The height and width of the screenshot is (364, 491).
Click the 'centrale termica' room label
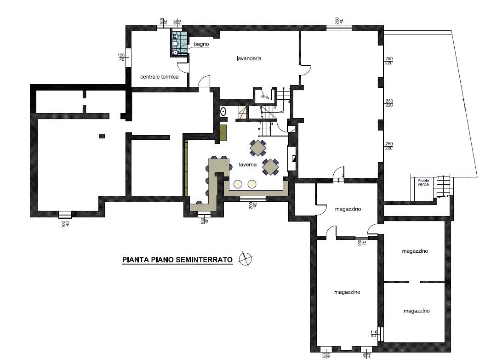click(159, 77)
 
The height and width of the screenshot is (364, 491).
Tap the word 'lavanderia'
click(249, 58)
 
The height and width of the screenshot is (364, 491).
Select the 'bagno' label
click(201, 44)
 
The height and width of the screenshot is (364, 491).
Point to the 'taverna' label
click(247, 165)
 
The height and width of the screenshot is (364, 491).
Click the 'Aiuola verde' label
click(423, 182)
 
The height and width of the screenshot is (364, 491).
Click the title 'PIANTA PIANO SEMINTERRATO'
click(177, 260)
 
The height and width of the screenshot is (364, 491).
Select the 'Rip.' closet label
click(265, 97)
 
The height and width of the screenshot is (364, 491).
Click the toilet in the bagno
click(175, 44)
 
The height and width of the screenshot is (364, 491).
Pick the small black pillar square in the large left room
click(102, 135)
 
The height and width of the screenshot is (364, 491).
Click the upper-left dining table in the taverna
click(258, 148)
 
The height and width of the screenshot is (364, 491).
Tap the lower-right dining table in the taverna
click(270, 166)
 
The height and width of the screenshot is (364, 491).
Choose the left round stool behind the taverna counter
click(238, 184)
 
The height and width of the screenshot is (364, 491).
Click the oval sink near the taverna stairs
click(223, 111)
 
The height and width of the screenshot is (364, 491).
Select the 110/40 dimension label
click(373, 334)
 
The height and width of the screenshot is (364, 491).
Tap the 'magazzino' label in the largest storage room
click(347, 292)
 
